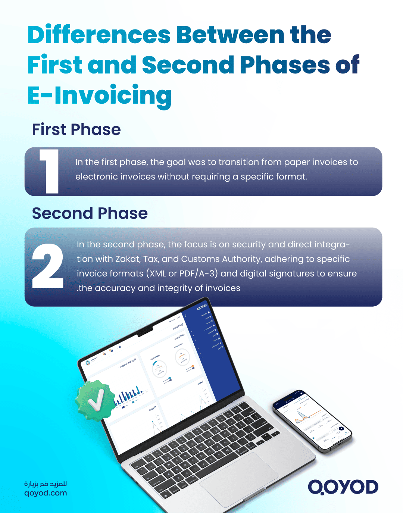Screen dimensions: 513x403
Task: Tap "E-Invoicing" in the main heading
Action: (x=100, y=96)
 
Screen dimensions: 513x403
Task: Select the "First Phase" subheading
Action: (x=76, y=130)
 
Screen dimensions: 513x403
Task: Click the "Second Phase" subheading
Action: (x=90, y=213)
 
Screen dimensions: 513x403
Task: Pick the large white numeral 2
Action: (x=47, y=266)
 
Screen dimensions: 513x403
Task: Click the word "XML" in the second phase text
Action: (x=157, y=274)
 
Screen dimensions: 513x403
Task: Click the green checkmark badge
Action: (x=96, y=401)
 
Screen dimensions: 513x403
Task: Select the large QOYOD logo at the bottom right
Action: (x=343, y=487)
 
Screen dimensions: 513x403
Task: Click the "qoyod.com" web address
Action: (x=46, y=493)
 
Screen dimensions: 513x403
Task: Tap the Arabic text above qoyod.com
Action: (x=46, y=484)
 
